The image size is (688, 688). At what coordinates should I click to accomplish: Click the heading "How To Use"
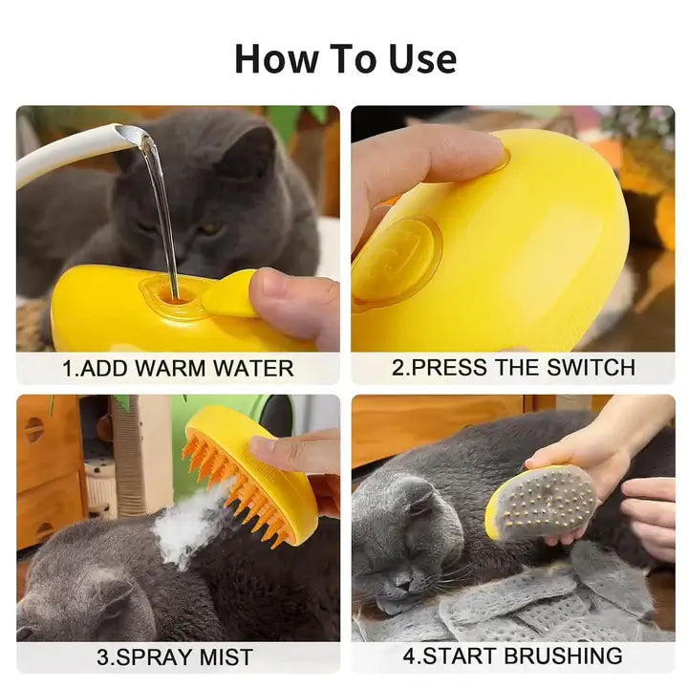[x=345, y=58]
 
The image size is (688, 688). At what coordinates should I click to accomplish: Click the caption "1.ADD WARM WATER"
[x=178, y=368]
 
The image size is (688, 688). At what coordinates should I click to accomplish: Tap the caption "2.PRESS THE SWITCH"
[x=513, y=367]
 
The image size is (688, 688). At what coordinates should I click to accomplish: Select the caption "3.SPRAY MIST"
[x=175, y=656]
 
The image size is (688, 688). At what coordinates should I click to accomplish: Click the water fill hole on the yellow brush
[x=175, y=298]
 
